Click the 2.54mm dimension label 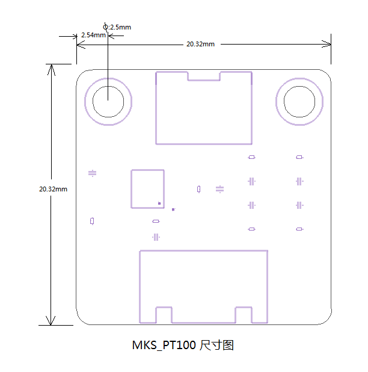coord(93,35)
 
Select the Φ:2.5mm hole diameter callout coord(117,27)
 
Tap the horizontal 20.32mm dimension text coord(200,44)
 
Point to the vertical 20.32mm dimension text coord(53,189)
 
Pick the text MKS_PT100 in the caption coord(164,345)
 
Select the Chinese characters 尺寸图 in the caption coord(216,345)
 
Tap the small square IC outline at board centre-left coord(131,189)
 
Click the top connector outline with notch coord(156,108)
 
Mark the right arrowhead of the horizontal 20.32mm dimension coord(331,44)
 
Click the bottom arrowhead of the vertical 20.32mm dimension coord(51,325)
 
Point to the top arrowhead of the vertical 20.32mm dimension coord(52,64)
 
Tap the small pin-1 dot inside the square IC coord(159,203)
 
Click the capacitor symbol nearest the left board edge coord(92,173)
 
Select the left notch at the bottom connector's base coord(164,308)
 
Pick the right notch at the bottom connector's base coord(244,308)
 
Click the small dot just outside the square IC coord(173,209)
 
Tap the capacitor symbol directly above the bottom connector coord(156,237)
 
